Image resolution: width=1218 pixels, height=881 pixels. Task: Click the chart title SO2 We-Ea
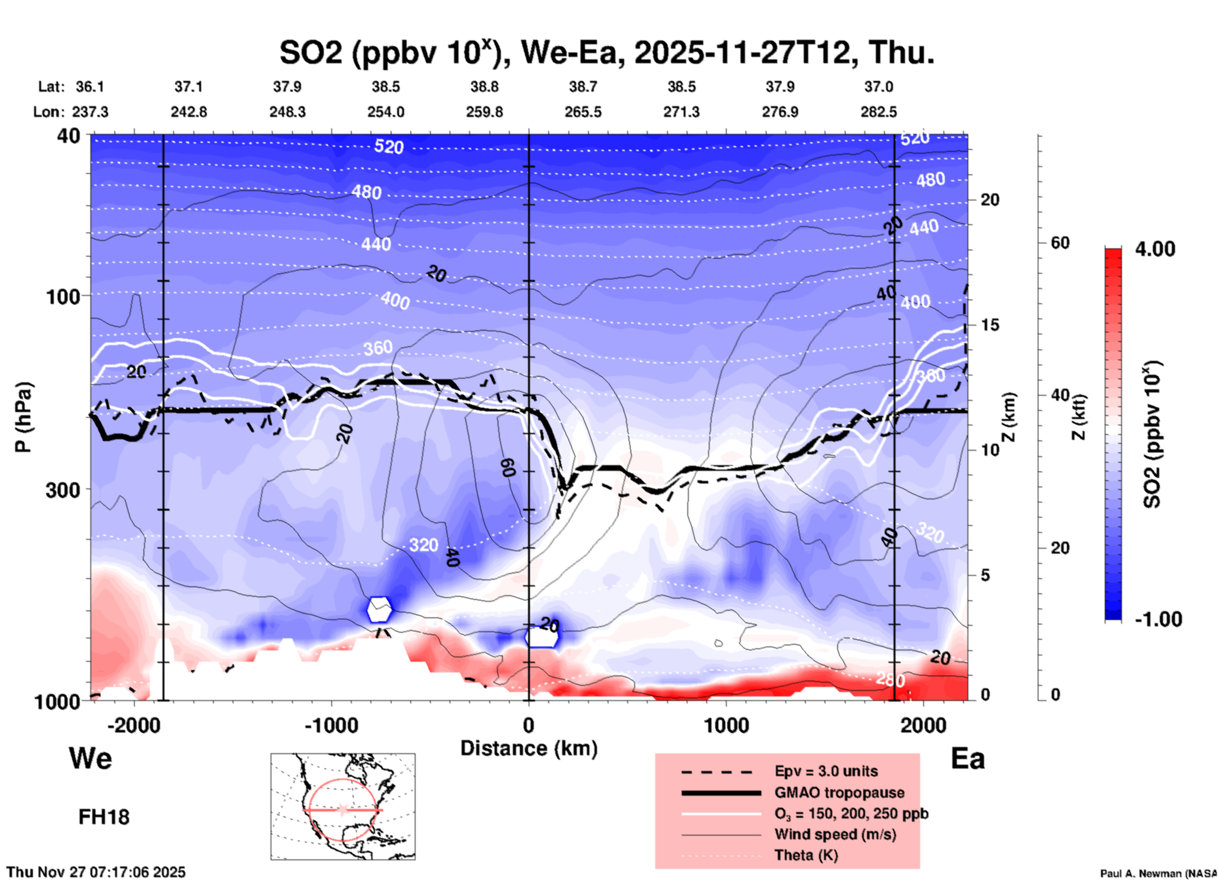click(606, 52)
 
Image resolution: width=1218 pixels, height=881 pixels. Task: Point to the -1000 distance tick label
click(331, 725)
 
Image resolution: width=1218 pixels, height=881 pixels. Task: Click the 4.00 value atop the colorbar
click(1155, 249)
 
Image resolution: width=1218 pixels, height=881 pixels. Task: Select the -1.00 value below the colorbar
click(1157, 619)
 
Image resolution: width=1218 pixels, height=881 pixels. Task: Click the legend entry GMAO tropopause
click(839, 793)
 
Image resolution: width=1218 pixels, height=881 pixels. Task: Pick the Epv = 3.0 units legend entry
click(826, 771)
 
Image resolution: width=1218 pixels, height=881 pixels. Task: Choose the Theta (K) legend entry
click(806, 855)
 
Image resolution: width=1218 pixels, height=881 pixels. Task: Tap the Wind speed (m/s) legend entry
click(835, 834)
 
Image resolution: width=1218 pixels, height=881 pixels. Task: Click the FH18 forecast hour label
click(104, 817)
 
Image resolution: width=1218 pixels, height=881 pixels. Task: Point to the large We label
click(90, 758)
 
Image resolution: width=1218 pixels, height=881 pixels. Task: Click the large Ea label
click(968, 758)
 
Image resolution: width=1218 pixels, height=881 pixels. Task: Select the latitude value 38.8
click(484, 87)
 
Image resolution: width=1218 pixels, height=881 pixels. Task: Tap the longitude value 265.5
click(583, 112)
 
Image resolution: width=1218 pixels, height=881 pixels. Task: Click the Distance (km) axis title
click(529, 748)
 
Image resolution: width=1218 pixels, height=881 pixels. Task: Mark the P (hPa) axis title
click(23, 417)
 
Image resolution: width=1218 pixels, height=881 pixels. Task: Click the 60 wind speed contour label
click(508, 467)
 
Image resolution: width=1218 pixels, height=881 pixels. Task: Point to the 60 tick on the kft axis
click(1060, 243)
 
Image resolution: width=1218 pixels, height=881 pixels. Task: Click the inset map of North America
click(343, 806)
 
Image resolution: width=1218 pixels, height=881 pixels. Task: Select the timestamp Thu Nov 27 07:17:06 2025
click(96, 872)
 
